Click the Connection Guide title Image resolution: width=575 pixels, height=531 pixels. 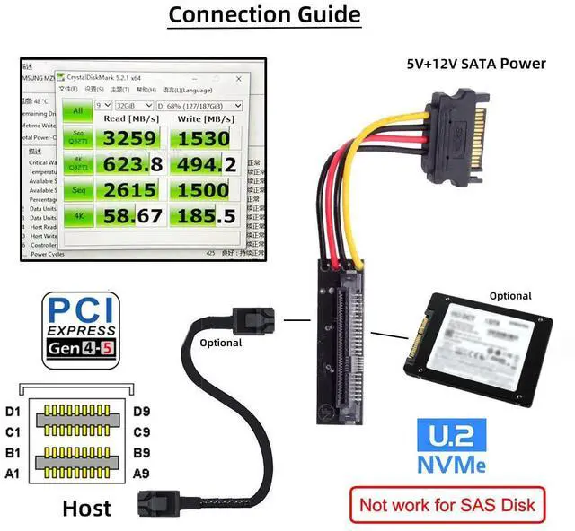(265, 15)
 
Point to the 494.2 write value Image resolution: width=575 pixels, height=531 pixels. (205, 164)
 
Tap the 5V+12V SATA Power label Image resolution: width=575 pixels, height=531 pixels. (476, 64)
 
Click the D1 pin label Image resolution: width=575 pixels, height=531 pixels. (13, 412)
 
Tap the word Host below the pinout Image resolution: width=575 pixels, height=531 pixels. (86, 509)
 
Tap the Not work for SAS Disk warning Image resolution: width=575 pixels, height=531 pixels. (447, 504)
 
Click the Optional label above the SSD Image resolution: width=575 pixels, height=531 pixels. (509, 296)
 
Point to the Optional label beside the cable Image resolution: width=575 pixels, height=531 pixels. (221, 343)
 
